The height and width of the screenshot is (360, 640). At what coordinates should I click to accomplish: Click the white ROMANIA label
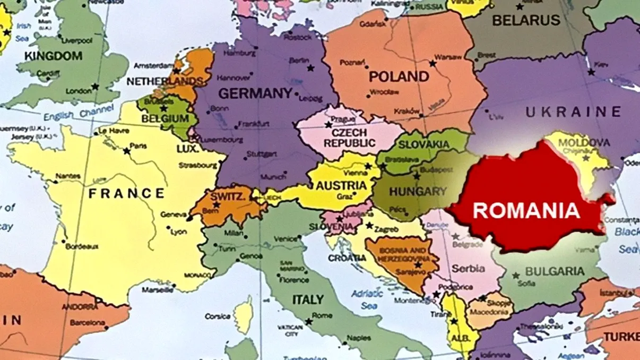point(525,210)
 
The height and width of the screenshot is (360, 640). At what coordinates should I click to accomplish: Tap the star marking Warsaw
point(433,63)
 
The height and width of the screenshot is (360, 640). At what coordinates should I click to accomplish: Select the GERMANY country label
point(255,94)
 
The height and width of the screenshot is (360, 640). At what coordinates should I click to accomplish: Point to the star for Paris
point(126,151)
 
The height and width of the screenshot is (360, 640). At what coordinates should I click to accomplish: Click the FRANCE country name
point(126,193)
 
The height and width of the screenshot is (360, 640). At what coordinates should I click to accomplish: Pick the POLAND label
point(399,76)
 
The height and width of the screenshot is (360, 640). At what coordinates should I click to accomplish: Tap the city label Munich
point(273,177)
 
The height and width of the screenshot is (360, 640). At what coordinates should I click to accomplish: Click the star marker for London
point(95,87)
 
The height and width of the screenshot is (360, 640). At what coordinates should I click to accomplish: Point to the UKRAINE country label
point(573,112)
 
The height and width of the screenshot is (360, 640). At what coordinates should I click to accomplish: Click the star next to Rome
point(308,322)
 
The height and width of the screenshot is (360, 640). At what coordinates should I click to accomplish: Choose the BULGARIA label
point(554,271)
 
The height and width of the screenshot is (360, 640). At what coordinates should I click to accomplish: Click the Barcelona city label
point(88,322)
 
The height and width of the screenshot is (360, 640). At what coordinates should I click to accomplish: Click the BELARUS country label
point(526,21)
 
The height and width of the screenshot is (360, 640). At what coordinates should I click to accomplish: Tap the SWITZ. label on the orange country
point(228,196)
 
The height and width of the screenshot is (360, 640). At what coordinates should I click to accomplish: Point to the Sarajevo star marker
point(418,264)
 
